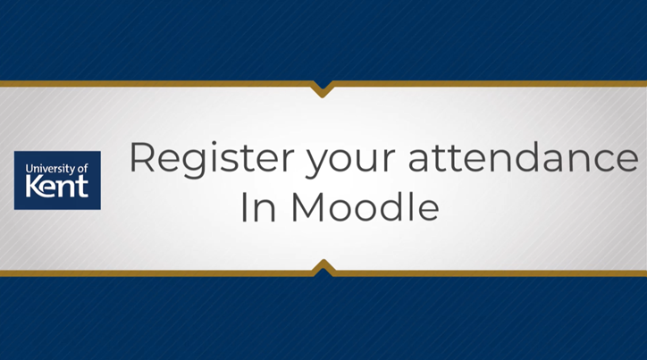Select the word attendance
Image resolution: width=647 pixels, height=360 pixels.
tap(524, 158)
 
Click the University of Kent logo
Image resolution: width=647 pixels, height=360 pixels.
tap(57, 180)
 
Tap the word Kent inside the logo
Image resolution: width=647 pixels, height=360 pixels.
tap(57, 188)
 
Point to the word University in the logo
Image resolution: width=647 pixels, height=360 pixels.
tap(46, 168)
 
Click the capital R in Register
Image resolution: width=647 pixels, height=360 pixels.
tap(144, 158)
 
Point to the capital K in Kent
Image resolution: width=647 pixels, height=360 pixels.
tap(34, 188)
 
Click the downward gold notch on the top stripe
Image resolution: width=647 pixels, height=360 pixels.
tap(323, 88)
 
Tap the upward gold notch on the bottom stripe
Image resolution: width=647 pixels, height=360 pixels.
tap(323, 266)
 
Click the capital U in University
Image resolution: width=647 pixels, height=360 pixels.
tap(29, 168)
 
